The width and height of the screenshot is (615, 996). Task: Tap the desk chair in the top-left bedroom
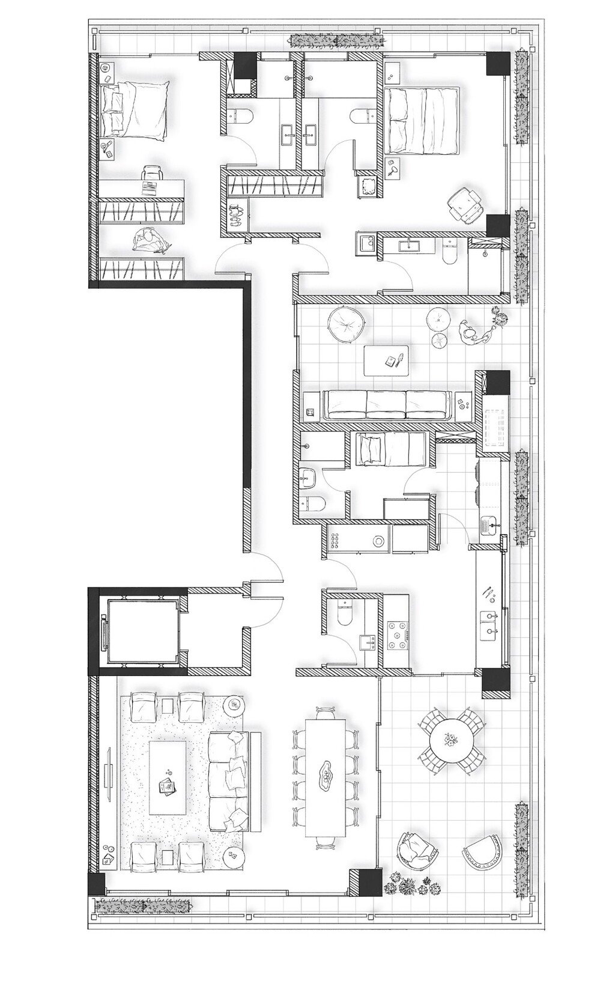coord(153,175)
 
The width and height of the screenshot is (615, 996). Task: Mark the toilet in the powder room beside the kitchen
coord(345,613)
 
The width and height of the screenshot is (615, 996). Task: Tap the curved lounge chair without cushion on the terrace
coord(482,851)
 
